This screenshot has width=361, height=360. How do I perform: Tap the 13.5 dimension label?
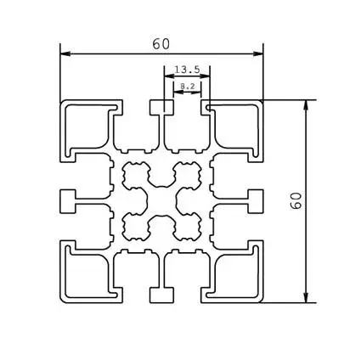(x=187, y=70)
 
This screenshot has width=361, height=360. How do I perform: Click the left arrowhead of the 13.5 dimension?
(x=167, y=77)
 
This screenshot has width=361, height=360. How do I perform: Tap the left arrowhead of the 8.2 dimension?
(x=176, y=92)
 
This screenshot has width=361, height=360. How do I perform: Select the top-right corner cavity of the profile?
(x=232, y=127)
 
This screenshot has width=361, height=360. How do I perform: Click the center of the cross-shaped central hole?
(x=161, y=200)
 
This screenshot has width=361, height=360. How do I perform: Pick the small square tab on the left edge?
(x=68, y=200)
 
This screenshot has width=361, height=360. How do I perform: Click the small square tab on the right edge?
(x=255, y=200)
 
